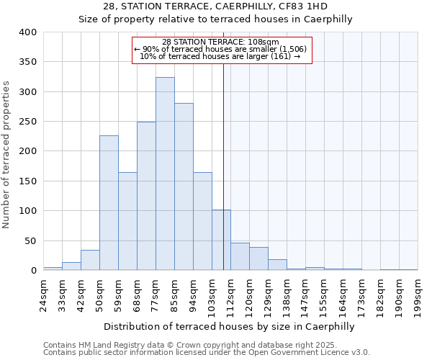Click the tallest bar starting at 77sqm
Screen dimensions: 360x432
click(165, 174)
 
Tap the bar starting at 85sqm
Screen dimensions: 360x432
click(184, 186)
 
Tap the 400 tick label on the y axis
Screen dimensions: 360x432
click(28, 32)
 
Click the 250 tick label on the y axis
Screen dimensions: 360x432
click(28, 122)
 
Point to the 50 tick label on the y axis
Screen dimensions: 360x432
click(31, 240)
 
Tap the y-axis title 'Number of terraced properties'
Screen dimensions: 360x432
click(7, 154)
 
